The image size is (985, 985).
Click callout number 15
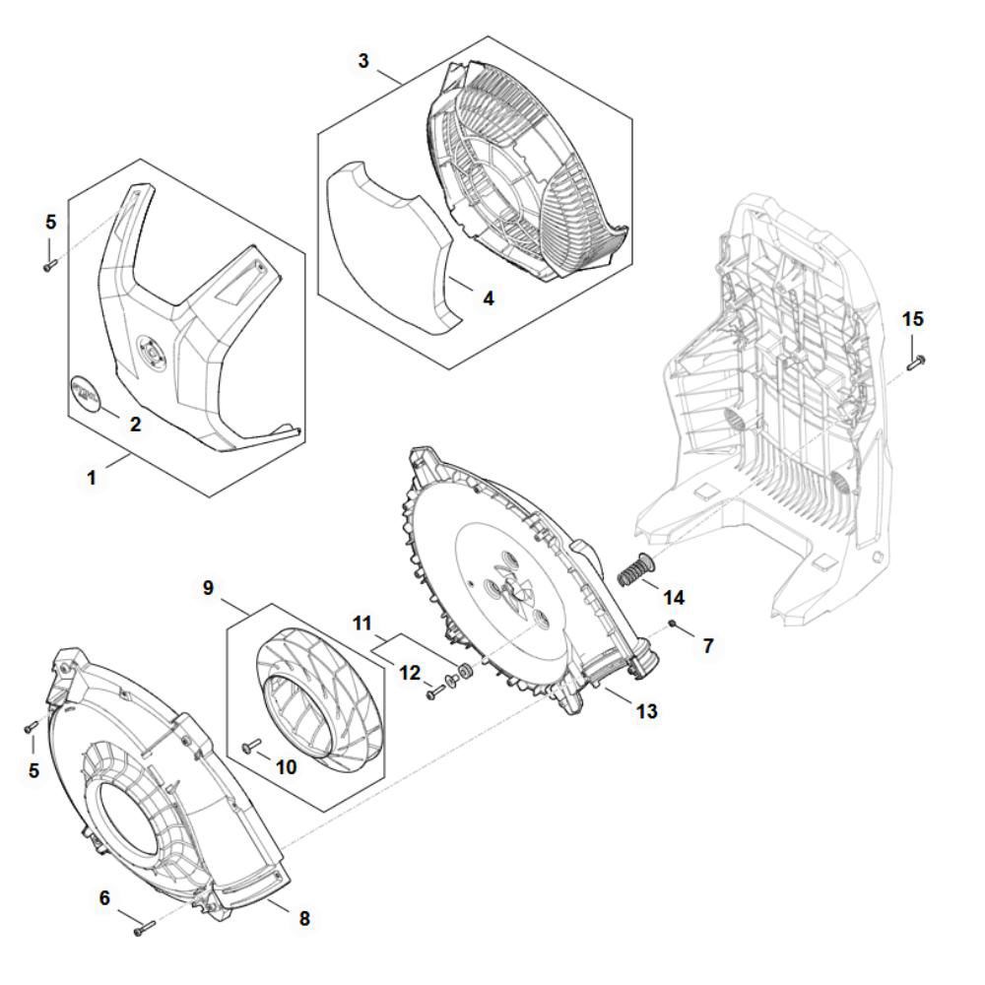coord(913,319)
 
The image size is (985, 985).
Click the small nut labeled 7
coord(672,624)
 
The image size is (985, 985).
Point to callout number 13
coord(647,710)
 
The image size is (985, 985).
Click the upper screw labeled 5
coord(50,263)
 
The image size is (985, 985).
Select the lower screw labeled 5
coord(31,727)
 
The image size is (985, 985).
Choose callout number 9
coord(208,587)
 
